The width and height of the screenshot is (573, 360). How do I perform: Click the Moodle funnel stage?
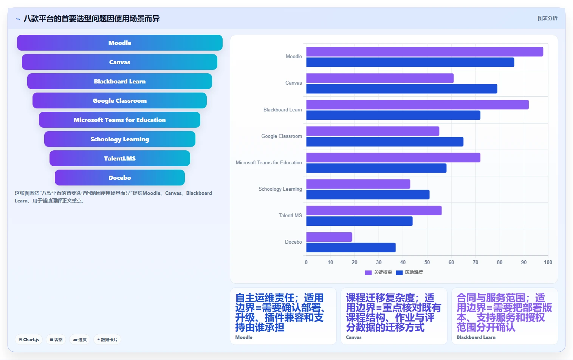[x=120, y=43]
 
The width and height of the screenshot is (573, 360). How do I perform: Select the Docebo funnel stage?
[x=120, y=178]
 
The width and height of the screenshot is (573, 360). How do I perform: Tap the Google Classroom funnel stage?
[x=120, y=100]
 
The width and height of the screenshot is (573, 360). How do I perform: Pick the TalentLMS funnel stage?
[x=120, y=158]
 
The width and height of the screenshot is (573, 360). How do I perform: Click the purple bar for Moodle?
[x=424, y=52]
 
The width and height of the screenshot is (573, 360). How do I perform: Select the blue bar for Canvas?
[x=402, y=89]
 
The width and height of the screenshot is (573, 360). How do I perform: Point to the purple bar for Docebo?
[x=329, y=237]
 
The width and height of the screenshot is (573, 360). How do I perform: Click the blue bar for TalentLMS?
[x=359, y=221]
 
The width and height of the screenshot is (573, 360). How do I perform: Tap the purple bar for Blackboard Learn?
[x=418, y=105]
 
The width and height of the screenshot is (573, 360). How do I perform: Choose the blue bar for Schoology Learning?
[x=368, y=195]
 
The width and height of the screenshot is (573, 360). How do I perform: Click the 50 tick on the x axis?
[x=427, y=262]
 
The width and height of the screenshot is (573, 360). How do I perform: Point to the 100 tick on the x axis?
[x=548, y=262]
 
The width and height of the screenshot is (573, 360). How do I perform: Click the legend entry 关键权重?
[x=378, y=273]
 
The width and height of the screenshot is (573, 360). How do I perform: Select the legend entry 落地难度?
[x=410, y=273]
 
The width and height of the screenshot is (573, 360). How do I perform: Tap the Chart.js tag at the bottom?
[x=29, y=340]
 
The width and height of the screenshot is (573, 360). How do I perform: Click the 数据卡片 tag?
[x=107, y=340]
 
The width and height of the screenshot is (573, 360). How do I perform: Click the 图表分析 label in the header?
[x=547, y=19]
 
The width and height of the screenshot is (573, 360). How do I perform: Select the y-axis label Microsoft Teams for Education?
[x=269, y=162]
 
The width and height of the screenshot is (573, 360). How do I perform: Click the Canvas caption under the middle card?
[x=354, y=337]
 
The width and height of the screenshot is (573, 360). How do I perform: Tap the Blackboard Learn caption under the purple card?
[x=476, y=337]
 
